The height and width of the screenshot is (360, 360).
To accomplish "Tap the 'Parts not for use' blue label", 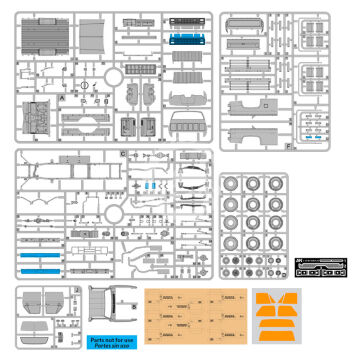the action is pos(109,341).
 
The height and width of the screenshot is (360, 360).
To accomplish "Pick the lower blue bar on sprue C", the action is pos(44,271).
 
